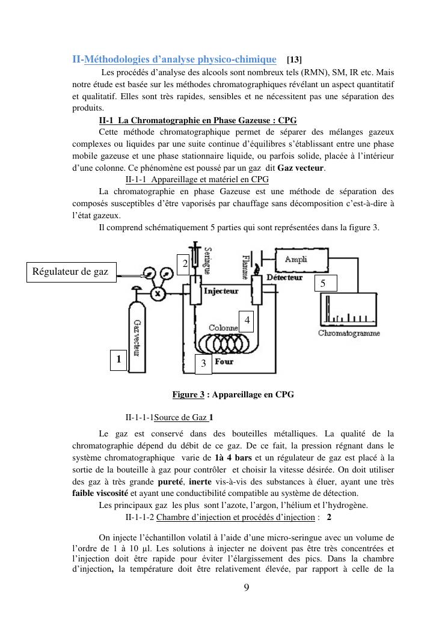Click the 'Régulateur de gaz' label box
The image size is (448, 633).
tap(70, 272)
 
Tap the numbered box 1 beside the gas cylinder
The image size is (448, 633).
tap(118, 359)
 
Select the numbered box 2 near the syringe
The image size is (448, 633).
tap(185, 263)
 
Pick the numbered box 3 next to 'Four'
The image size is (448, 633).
tap(203, 363)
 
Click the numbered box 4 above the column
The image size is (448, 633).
tap(247, 321)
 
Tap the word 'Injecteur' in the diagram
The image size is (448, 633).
tap(221, 291)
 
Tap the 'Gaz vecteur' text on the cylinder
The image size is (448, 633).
tap(136, 337)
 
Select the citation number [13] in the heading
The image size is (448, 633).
tap(295, 60)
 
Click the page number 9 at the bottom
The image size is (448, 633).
tap(246, 587)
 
